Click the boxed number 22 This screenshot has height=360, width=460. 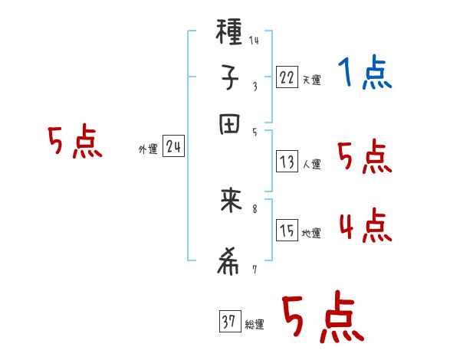pyautogui.click(x=287, y=77)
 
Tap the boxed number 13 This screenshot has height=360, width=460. pyautogui.click(x=287, y=161)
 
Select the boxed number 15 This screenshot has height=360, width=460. pyautogui.click(x=287, y=231)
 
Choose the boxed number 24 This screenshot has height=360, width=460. pyautogui.click(x=173, y=147)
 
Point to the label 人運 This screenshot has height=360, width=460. pyautogui.click(x=311, y=164)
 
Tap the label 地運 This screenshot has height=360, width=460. pyautogui.click(x=311, y=234)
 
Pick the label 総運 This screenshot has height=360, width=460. pyautogui.click(x=254, y=326)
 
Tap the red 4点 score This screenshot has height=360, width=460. pyautogui.click(x=365, y=225)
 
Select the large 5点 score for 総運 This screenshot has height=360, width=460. pyautogui.click(x=322, y=318)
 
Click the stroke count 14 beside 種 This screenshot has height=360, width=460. pyautogui.click(x=254, y=41)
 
